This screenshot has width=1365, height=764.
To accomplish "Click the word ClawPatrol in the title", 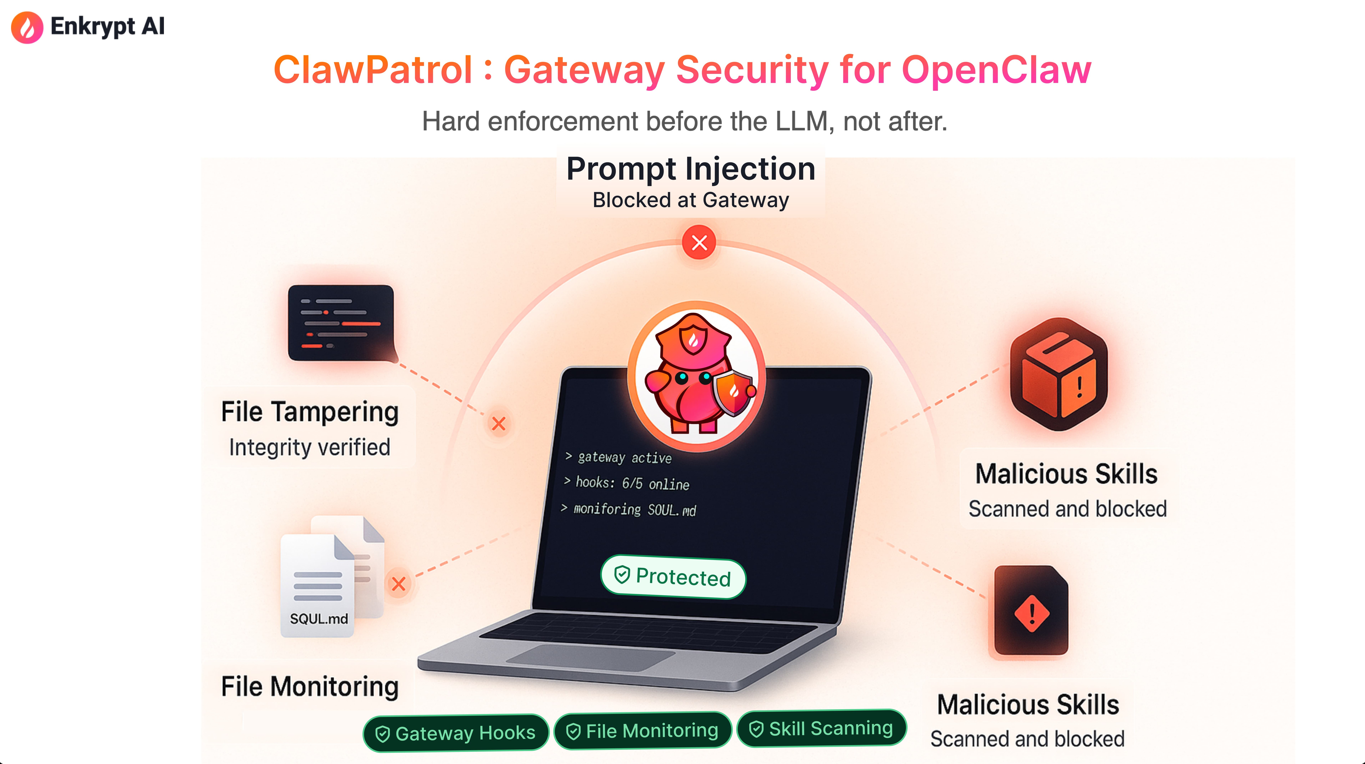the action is (x=372, y=70).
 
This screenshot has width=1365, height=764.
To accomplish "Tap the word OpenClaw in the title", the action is (x=996, y=70).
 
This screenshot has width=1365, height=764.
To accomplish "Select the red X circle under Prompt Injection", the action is (x=699, y=242).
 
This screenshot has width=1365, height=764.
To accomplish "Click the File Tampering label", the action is (x=309, y=412).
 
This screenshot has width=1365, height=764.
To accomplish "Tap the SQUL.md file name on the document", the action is (x=319, y=618).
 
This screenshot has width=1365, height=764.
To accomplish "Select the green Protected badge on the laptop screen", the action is (x=673, y=577).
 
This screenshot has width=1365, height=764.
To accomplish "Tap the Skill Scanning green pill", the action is (x=821, y=729).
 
